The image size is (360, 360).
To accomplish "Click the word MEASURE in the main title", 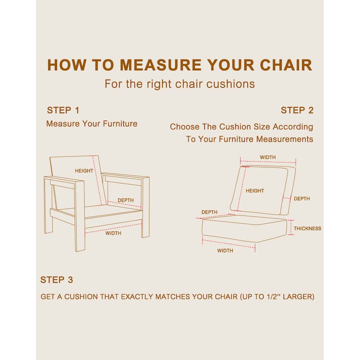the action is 161,65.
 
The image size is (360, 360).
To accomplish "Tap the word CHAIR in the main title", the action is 286,65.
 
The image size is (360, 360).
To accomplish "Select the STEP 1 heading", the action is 63,110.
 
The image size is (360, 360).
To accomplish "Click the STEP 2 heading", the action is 297,110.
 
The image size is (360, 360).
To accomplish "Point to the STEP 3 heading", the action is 57,280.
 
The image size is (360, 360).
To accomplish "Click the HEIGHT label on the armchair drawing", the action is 84,171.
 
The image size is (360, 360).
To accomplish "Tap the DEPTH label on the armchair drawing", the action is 126,200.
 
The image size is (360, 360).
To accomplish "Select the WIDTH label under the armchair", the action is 113,233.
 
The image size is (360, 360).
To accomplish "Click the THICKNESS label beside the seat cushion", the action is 307,229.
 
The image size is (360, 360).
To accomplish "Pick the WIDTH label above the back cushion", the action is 268,157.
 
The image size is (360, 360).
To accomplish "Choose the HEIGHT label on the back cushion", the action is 255,191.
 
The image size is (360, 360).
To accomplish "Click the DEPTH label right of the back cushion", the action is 302,198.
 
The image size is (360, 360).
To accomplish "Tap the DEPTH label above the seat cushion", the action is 209,212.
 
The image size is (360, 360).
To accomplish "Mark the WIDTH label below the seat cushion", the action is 225,251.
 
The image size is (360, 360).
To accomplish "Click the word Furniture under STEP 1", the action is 120,124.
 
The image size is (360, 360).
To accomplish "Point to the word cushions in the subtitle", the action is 230,84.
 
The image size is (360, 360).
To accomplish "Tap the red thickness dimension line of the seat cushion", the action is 291,227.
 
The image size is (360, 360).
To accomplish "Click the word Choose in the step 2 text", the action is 184,127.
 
